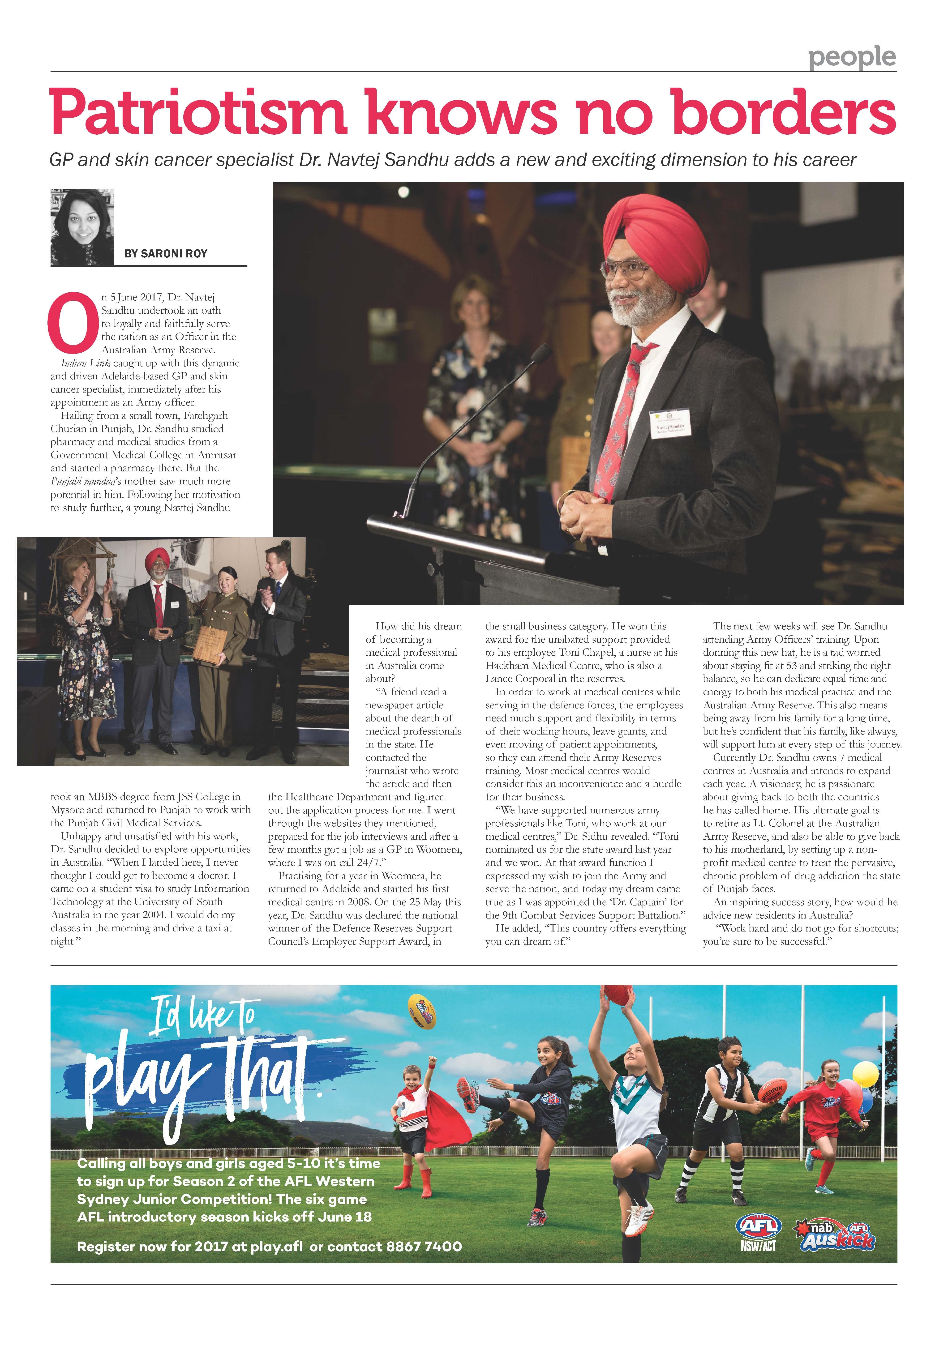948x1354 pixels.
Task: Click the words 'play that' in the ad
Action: (201, 1079)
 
